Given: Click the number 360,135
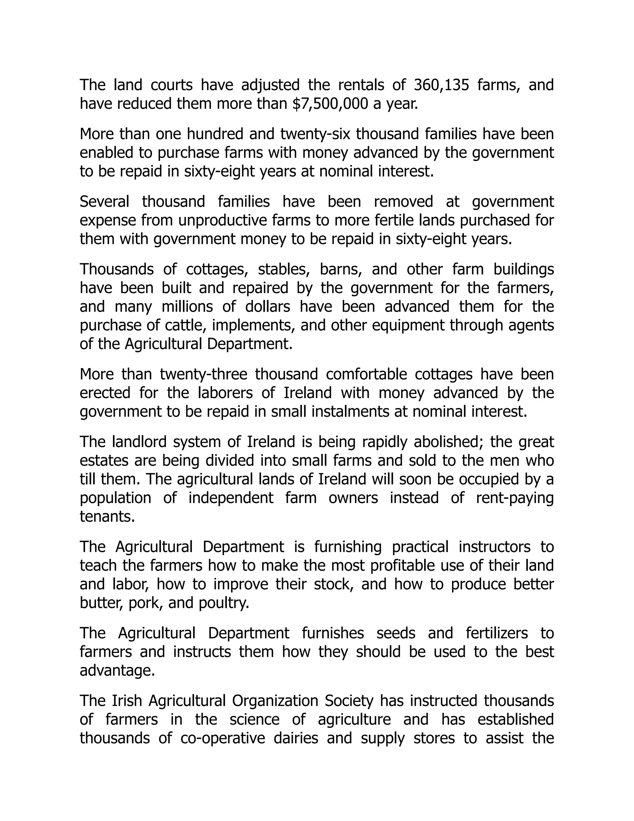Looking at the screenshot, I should click(442, 85).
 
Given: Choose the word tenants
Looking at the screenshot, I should click(107, 517).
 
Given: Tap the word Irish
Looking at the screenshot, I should click(127, 701).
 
